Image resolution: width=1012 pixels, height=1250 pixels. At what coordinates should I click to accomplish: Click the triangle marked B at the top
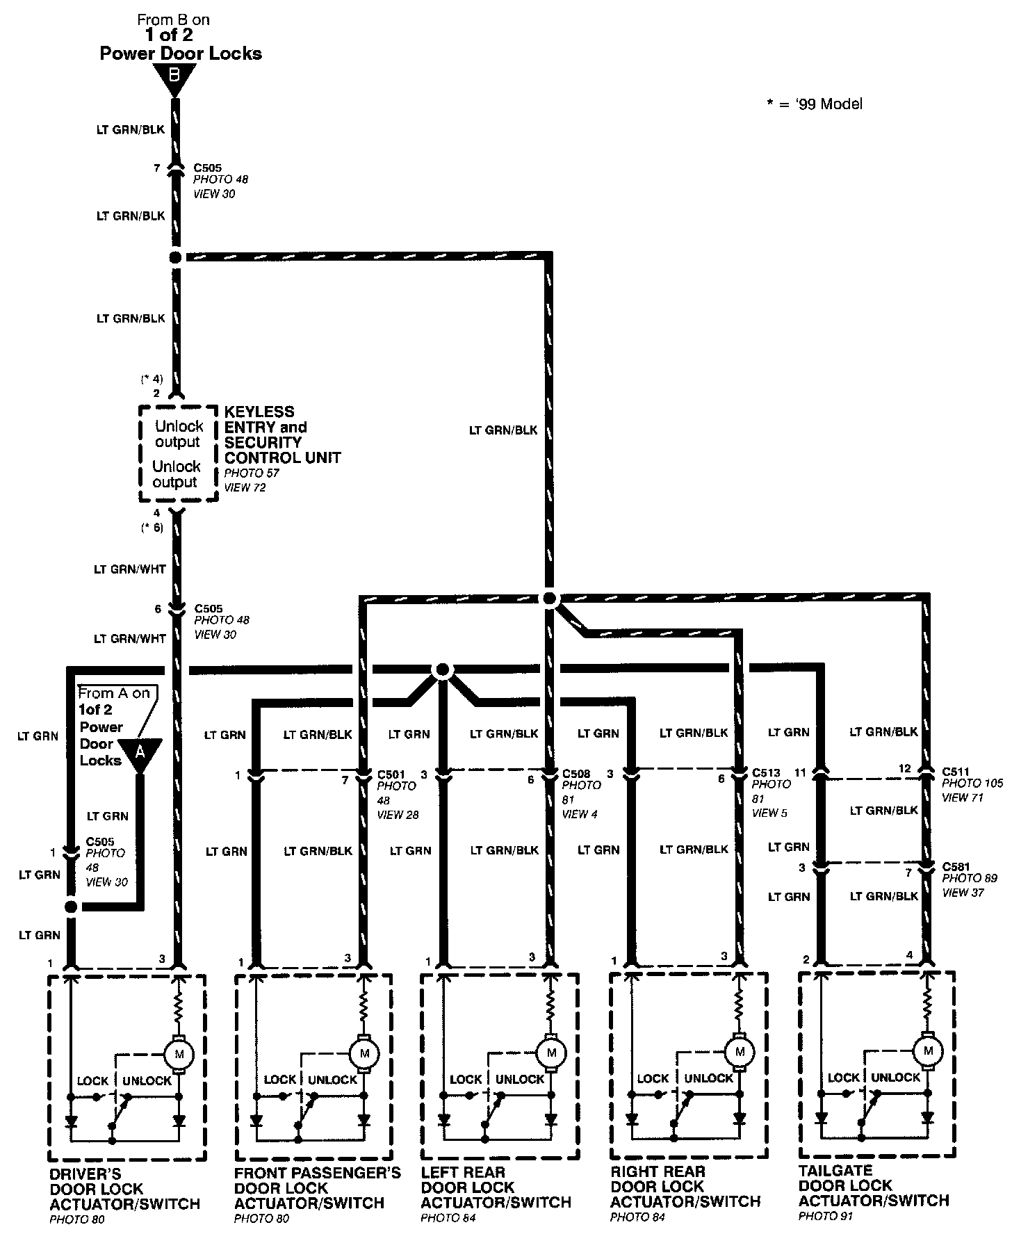174,77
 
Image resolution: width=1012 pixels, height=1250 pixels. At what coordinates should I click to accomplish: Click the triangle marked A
140,752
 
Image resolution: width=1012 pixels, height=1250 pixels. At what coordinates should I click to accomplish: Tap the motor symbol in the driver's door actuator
179,1054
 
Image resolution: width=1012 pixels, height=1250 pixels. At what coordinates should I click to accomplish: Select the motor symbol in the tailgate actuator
927,1050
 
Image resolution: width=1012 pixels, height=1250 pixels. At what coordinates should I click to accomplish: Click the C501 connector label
391,774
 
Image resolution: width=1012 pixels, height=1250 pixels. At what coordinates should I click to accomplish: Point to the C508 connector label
576,773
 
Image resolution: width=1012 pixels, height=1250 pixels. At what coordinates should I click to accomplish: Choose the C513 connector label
766,772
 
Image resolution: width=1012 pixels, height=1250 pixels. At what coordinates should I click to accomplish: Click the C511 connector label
956,771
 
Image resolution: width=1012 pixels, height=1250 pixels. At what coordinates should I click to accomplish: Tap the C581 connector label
956,866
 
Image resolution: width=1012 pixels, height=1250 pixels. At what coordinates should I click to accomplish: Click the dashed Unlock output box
178,454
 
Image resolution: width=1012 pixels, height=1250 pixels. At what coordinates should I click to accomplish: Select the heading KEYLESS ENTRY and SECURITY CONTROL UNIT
281,435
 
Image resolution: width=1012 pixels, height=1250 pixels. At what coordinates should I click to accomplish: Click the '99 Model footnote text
815,104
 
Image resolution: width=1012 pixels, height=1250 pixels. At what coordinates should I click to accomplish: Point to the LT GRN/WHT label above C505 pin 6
130,569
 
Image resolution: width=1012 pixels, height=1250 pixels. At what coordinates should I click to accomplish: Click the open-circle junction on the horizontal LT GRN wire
441,670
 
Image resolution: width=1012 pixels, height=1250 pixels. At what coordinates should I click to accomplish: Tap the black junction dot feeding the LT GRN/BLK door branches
549,598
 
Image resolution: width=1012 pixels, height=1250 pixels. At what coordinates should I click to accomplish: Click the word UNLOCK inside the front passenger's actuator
332,1080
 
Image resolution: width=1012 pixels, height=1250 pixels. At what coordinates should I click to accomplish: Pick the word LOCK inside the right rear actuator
653,1078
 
